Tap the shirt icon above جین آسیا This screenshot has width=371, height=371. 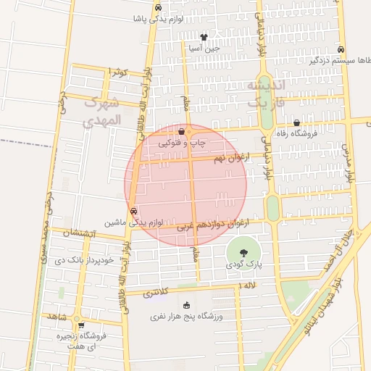coord(204,36)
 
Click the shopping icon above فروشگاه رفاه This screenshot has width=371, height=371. coord(296,123)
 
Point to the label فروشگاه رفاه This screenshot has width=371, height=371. coord(296,135)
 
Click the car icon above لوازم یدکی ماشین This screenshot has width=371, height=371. coord(133,212)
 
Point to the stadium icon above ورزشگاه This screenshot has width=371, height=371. coord(187,305)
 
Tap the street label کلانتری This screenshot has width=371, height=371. coord(154,293)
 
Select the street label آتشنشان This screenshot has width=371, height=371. coord(77,233)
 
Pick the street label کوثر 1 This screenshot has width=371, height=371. coord(116,71)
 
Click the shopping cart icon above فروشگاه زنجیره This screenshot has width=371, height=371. coord(80,325)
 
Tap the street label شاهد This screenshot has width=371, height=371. coord(57,317)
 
